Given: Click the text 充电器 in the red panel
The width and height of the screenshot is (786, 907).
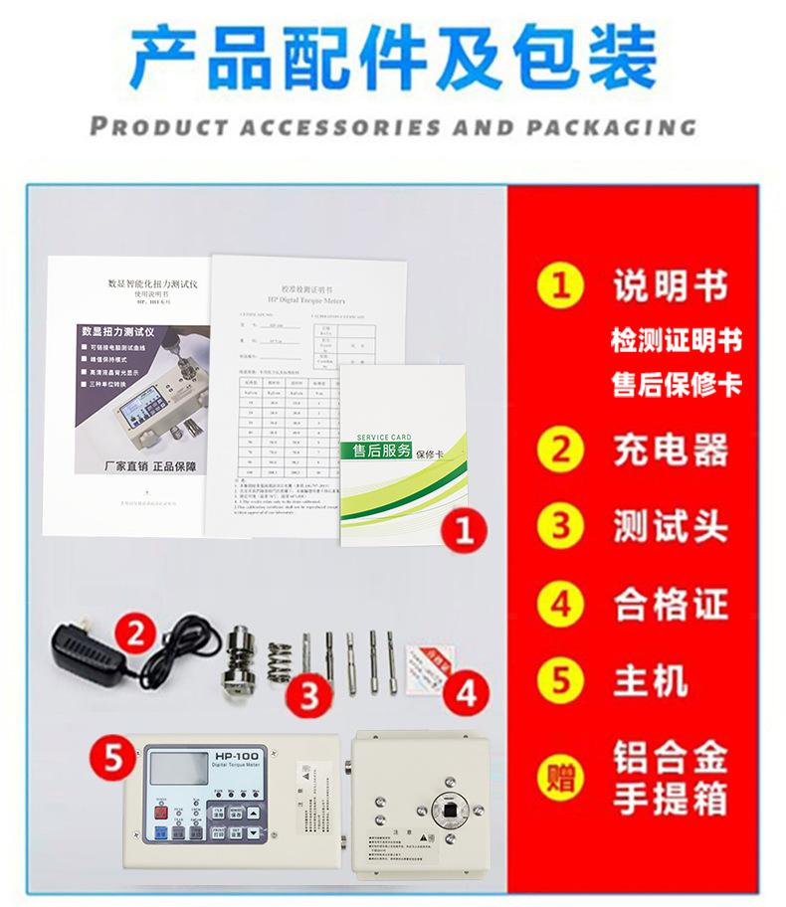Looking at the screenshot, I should (670, 451).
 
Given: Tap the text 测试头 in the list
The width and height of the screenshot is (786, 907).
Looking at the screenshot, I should (670, 527).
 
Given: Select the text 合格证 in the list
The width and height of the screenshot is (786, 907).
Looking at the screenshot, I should (670, 604).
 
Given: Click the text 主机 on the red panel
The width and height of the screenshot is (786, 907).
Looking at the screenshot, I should (650, 681).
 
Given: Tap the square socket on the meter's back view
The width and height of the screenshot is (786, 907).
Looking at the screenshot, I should (452, 815).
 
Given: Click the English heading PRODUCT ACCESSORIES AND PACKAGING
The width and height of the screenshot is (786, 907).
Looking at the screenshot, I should (392, 127).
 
